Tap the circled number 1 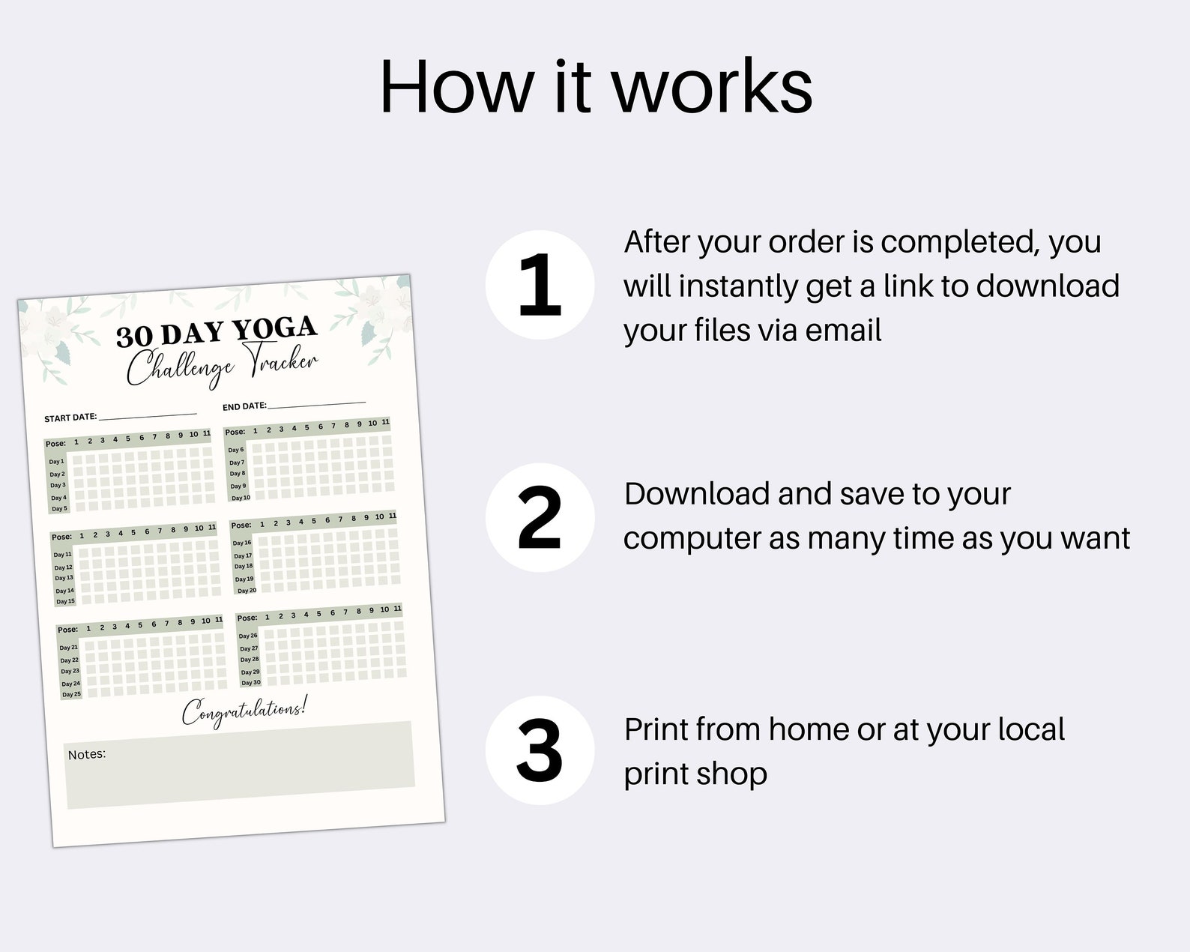tap(540, 285)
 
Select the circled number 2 tap(540, 517)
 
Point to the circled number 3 tap(540, 750)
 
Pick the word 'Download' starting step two tap(696, 494)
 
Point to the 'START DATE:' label tap(70, 418)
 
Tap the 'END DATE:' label tap(244, 406)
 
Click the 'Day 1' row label tap(56, 462)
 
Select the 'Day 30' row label tap(251, 683)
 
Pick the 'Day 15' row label tap(65, 601)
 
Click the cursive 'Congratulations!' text tap(244, 711)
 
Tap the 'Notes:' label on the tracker tap(87, 754)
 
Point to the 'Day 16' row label tap(242, 543)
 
